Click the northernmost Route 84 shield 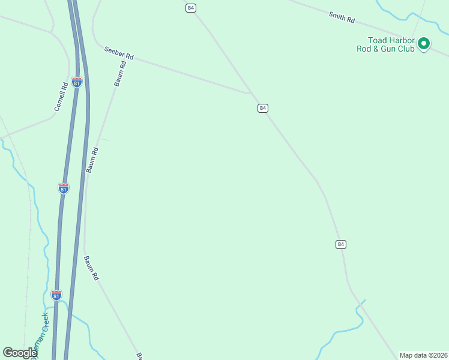[191, 8]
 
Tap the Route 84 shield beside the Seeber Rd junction [262, 108]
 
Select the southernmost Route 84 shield [341, 244]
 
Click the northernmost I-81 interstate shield [77, 82]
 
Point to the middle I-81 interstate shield [64, 188]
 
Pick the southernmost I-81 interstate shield [56, 295]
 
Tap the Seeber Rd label [118, 53]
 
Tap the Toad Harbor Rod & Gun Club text [391, 44]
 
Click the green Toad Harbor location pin [424, 43]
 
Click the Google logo [20, 353]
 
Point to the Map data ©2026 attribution [423, 355]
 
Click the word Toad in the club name [378, 40]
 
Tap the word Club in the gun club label [404, 49]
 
